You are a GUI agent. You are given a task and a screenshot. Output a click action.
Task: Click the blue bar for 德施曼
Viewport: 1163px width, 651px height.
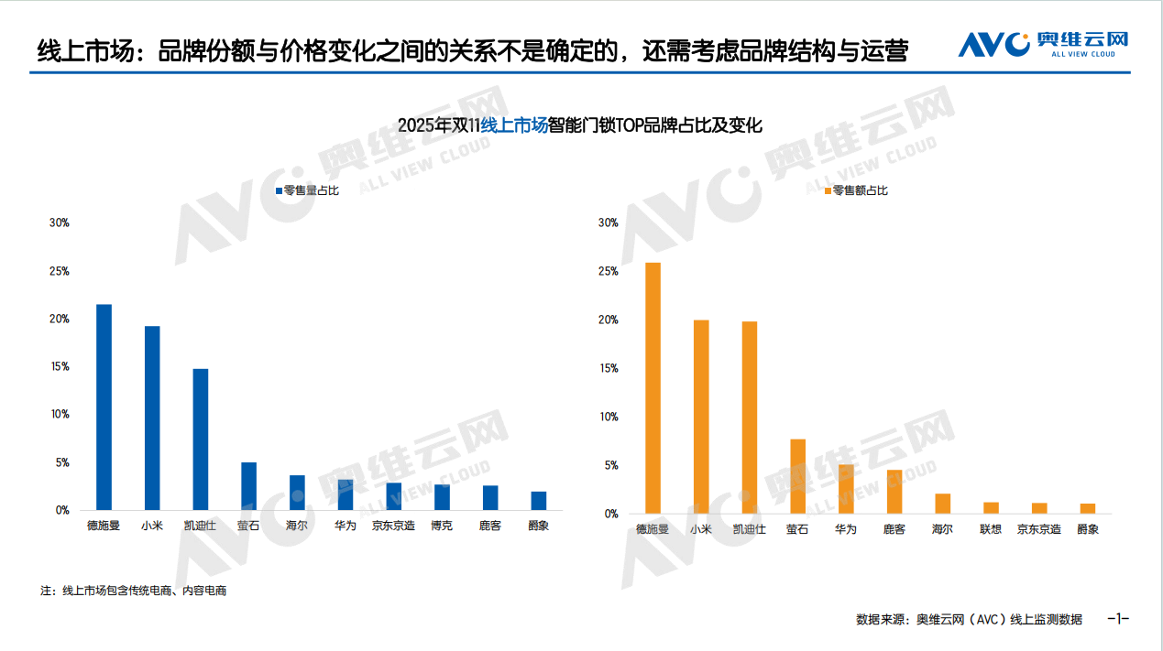(x=104, y=407)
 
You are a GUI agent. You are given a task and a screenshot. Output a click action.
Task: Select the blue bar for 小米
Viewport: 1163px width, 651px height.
(x=152, y=418)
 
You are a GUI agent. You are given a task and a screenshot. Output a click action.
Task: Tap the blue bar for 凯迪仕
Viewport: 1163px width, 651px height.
(x=200, y=439)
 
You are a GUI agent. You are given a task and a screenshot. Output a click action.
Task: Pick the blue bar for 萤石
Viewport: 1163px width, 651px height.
(x=248, y=486)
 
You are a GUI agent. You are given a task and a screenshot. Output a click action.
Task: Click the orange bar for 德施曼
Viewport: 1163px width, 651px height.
(x=653, y=388)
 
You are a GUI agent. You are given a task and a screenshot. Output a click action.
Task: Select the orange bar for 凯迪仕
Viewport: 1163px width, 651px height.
(x=750, y=418)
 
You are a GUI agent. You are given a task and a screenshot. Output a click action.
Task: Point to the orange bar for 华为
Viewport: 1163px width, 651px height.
(x=846, y=489)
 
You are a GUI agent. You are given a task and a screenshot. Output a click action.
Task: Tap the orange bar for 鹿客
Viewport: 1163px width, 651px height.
(x=894, y=492)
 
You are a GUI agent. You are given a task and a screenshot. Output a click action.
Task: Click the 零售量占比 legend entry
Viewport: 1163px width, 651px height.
(x=307, y=190)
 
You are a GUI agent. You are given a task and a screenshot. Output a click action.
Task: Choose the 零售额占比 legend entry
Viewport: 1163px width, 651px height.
(x=856, y=190)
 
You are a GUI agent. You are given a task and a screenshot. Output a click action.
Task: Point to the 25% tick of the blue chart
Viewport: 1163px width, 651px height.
(x=60, y=271)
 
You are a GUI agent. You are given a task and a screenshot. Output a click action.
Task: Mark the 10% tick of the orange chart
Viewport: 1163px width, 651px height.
(x=608, y=417)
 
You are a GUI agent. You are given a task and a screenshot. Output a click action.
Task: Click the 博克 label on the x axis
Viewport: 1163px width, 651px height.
(x=442, y=526)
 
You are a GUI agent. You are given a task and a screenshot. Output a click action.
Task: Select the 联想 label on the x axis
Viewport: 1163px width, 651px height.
(x=991, y=529)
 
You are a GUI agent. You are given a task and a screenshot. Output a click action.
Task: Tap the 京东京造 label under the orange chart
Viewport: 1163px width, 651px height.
(x=1039, y=529)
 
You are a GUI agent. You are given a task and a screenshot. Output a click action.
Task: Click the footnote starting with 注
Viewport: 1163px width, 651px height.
(x=134, y=591)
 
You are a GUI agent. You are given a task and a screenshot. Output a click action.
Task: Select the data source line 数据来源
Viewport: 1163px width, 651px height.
(x=969, y=620)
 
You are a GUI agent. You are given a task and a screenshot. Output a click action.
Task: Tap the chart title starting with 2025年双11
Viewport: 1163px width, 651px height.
(x=580, y=125)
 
